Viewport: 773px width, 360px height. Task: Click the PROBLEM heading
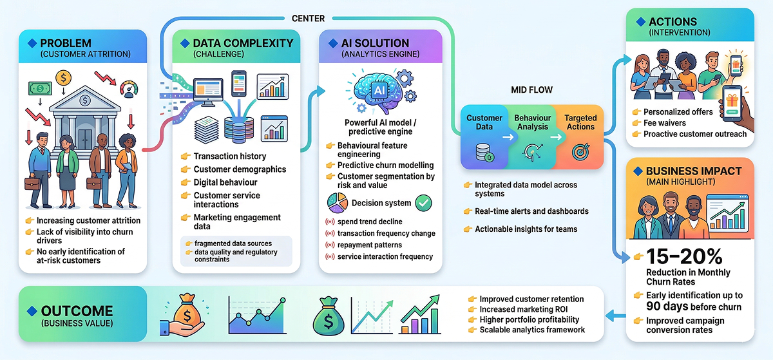(x=66, y=43)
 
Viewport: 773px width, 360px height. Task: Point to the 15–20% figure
(x=684, y=256)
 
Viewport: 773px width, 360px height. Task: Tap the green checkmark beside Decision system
(x=424, y=203)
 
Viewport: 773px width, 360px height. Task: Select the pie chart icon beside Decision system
(x=336, y=203)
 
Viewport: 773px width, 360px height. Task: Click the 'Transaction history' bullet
(x=229, y=156)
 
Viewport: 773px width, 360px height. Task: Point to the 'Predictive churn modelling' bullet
(x=385, y=165)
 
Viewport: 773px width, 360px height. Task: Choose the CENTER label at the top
(x=309, y=19)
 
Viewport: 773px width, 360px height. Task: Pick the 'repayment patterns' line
(x=369, y=245)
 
